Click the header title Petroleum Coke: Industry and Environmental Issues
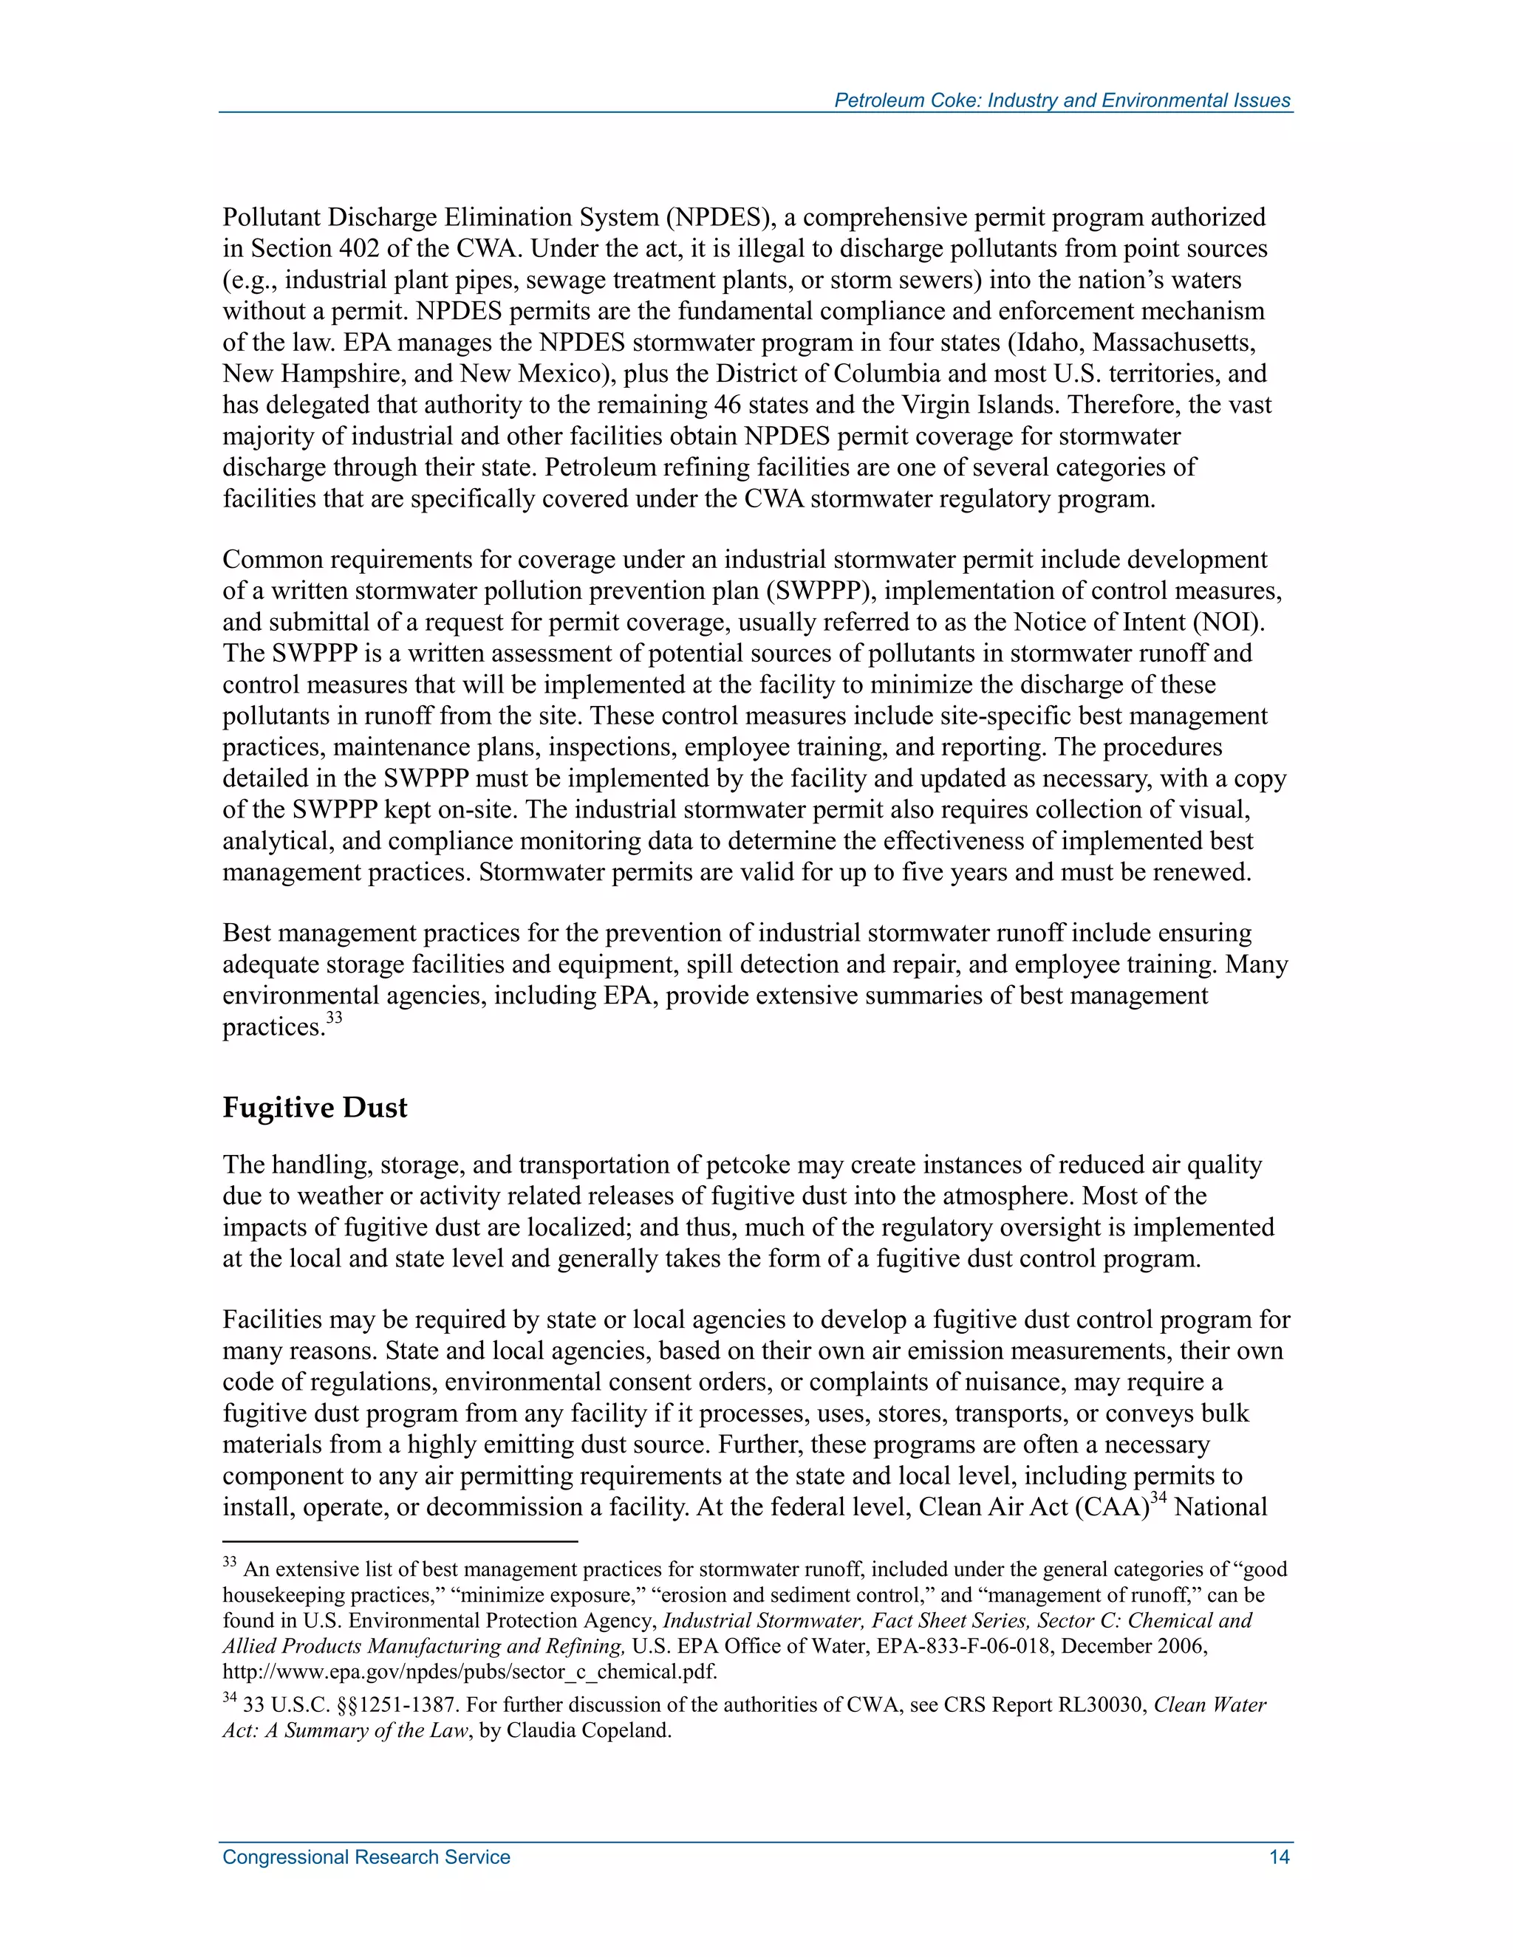click(x=1062, y=100)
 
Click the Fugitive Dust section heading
click(x=315, y=1108)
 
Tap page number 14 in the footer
click(x=1279, y=1857)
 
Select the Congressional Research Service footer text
click(x=366, y=1857)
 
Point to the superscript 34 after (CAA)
click(x=1158, y=1498)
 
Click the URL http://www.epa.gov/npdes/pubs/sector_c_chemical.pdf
click(x=470, y=1672)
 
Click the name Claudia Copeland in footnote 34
click(x=588, y=1730)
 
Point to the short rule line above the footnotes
click(x=400, y=1542)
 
